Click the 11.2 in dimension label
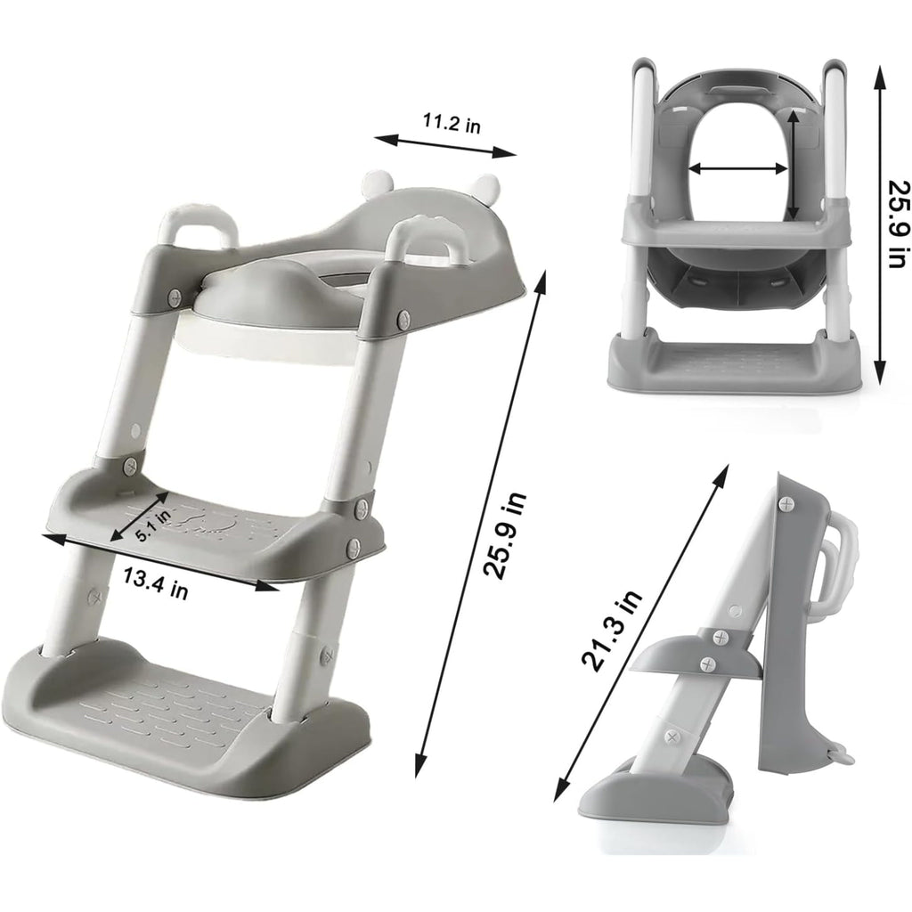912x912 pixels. pyautogui.click(x=452, y=123)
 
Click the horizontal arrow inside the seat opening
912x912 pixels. pyautogui.click(x=738, y=168)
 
